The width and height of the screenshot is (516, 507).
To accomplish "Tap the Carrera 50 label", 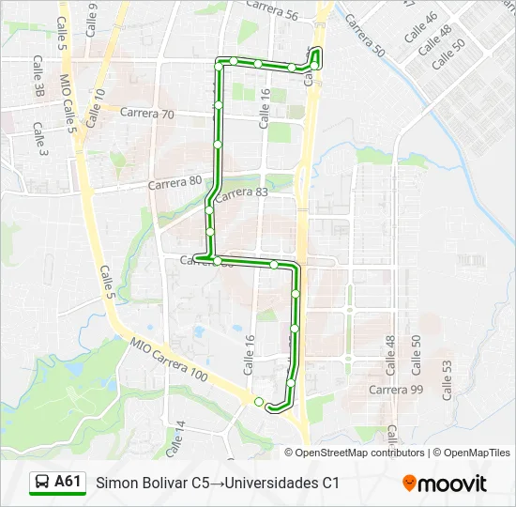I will (364, 35).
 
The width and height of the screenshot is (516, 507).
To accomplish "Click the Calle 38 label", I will (38, 76).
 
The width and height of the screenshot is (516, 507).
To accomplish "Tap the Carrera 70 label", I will (147, 114).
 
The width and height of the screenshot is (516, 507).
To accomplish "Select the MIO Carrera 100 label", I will (169, 359).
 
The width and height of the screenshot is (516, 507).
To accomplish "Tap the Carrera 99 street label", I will (396, 390).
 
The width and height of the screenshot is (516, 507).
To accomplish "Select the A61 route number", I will (68, 482).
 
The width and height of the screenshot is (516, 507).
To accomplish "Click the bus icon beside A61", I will (42, 483).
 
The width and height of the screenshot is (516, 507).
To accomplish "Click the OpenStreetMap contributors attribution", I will (360, 453).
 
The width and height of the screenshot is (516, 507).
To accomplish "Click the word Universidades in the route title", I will (268, 484).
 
